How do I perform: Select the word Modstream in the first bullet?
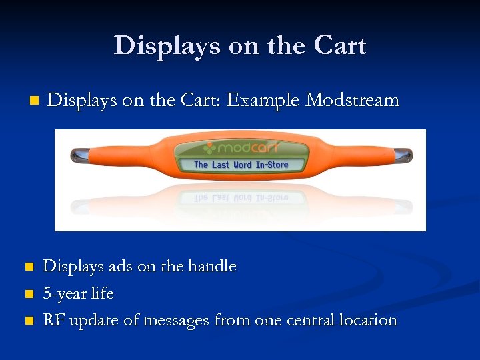tap(352, 101)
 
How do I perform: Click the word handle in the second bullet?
tap(213, 266)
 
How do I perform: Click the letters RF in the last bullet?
tap(53, 320)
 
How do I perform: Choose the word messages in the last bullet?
tap(179, 321)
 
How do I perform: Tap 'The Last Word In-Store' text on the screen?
tap(241, 164)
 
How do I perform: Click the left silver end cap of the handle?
tap(79, 155)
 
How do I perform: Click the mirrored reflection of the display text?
tap(241, 198)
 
